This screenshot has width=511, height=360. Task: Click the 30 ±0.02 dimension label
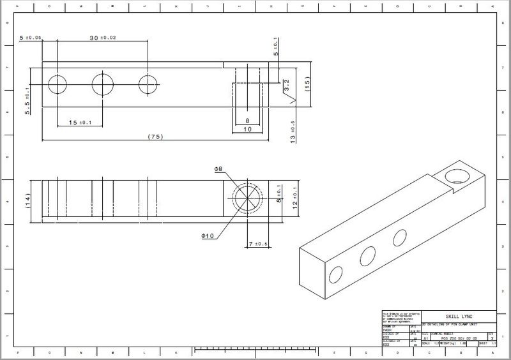click(103, 38)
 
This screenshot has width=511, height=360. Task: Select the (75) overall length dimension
click(153, 137)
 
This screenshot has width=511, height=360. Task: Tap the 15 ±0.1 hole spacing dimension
click(79, 123)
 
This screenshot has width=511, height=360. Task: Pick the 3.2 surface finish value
click(287, 84)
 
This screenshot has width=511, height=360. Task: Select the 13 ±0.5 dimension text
click(293, 130)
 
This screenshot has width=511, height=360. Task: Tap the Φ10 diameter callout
click(208, 236)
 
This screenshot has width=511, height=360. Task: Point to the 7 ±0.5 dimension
click(257, 244)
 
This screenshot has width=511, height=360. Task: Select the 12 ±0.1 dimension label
click(294, 200)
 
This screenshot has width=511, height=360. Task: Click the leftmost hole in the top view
click(57, 84)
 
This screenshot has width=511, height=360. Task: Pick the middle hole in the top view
click(102, 84)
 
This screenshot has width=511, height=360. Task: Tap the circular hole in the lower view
click(246, 199)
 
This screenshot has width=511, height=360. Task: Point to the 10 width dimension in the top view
click(247, 129)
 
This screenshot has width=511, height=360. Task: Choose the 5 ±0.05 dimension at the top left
click(30, 38)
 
